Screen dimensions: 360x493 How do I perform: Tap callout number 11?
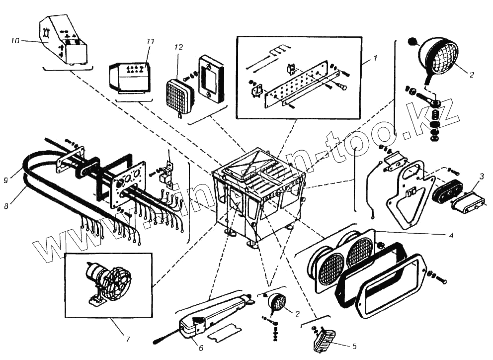click(x=151, y=41)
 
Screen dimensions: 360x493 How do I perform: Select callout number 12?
click(x=179, y=47)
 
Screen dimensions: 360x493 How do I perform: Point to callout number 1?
click(x=376, y=58)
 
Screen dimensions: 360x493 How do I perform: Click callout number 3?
click(x=481, y=176)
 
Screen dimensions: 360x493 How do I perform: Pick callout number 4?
click(x=450, y=235)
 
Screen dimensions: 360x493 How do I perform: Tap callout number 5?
click(x=354, y=345)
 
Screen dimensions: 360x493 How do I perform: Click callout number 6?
click(x=200, y=348)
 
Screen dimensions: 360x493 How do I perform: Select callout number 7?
click(x=128, y=339)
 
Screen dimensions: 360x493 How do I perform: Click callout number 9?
click(x=5, y=180)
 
